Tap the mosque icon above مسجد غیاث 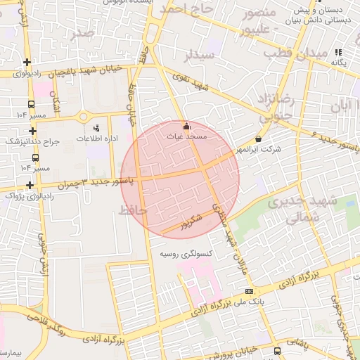click(186, 127)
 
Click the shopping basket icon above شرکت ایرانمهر click(259, 140)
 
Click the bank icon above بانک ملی click(248, 291)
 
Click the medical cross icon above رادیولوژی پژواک click(29, 186)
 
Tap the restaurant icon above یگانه click(338, 52)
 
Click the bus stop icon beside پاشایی click(277, 350)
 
